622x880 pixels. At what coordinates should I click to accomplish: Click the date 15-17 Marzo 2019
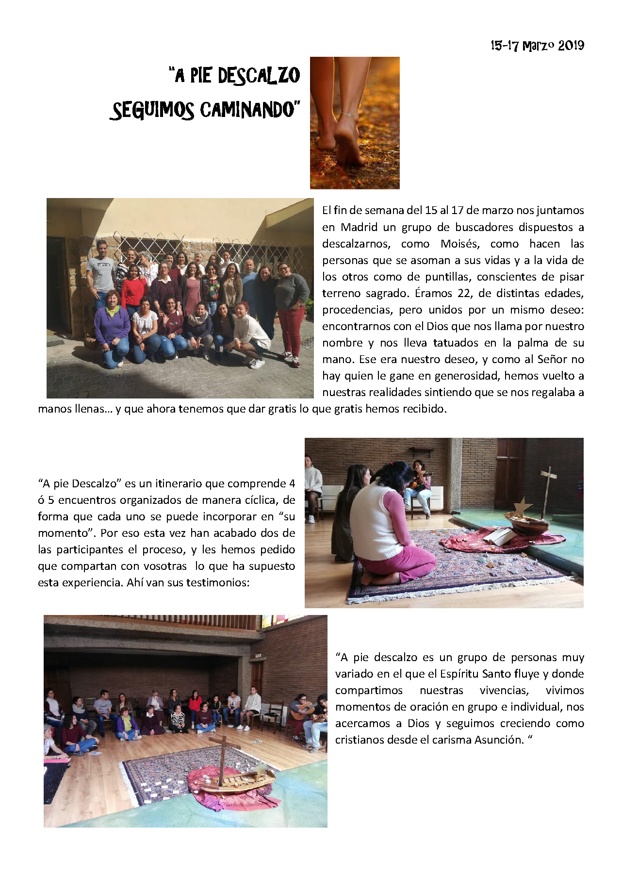pyautogui.click(x=537, y=46)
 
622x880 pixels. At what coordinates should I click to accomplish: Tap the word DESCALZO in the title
pyautogui.click(x=259, y=76)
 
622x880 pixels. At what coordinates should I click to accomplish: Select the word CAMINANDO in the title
pyautogui.click(x=247, y=110)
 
